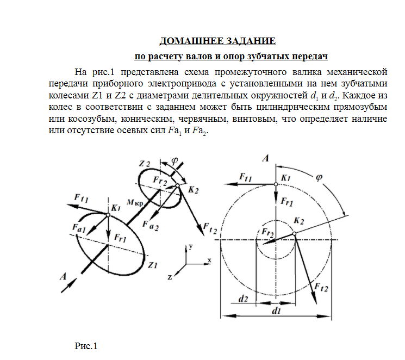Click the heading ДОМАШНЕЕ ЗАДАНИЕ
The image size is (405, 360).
coord(217,41)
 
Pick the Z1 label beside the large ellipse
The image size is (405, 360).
coord(152,265)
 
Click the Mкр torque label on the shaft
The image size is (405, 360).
coord(134,202)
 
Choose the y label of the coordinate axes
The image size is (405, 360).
coord(191,246)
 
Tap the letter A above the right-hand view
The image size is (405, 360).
coord(266,158)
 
